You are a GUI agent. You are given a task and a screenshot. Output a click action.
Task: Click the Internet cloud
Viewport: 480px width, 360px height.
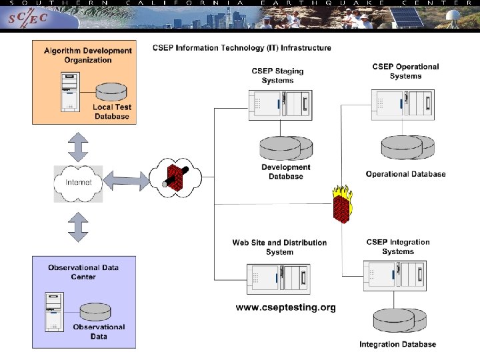coord(79,183)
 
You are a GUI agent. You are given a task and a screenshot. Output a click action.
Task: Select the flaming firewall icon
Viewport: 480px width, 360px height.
coord(343,204)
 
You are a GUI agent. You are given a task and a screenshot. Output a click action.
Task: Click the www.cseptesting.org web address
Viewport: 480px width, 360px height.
coord(285,307)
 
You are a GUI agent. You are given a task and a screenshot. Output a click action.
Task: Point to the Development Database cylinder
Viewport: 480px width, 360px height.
coord(286,148)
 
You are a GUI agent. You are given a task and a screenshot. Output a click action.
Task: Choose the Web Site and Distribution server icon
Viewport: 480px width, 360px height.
coord(278,280)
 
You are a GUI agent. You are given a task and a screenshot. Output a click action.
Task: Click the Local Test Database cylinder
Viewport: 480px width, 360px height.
coord(111,91)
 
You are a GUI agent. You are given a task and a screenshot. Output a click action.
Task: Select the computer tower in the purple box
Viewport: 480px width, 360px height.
coord(54,311)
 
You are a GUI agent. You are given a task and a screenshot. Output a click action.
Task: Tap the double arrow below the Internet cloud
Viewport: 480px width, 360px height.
coord(78,227)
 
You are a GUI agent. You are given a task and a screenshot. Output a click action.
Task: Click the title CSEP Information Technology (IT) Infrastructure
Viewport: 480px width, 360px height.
coord(242,48)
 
